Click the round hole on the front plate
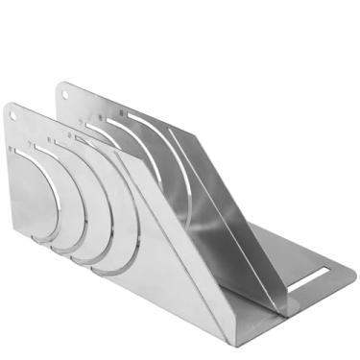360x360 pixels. pos(12,114)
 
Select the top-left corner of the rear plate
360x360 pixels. pos(59,86)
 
